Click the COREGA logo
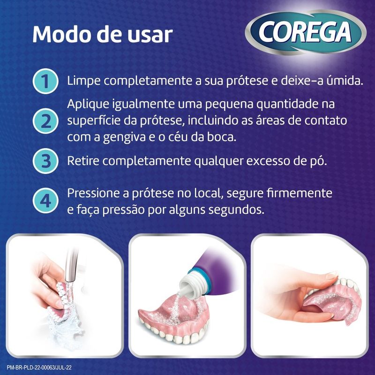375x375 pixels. [x=306, y=32]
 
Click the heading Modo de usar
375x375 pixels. [x=102, y=34]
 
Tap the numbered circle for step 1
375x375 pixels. [x=45, y=81]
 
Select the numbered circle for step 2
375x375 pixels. [x=45, y=121]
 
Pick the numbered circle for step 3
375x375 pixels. [x=45, y=161]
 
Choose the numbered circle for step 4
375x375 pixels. [x=45, y=201]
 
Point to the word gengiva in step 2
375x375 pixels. [x=124, y=138]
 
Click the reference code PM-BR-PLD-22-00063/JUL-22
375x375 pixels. [x=39, y=367]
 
